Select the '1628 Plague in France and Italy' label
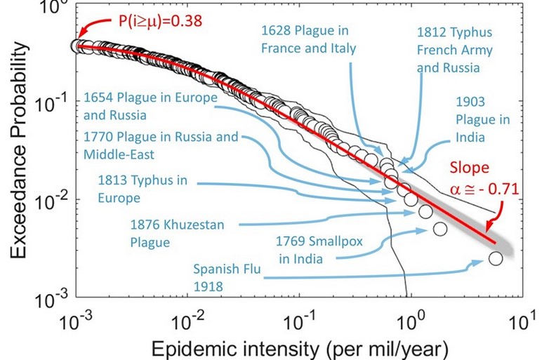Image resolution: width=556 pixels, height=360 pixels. click(x=309, y=40)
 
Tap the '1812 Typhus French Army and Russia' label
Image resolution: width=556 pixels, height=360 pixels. click(x=455, y=50)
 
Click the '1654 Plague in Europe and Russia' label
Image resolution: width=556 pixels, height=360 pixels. click(x=150, y=105)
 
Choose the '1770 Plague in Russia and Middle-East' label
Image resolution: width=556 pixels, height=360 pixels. click(x=161, y=144)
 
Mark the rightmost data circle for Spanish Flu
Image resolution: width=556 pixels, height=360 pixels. click(x=496, y=258)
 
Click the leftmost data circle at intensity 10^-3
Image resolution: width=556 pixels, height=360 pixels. click(x=78, y=46)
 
